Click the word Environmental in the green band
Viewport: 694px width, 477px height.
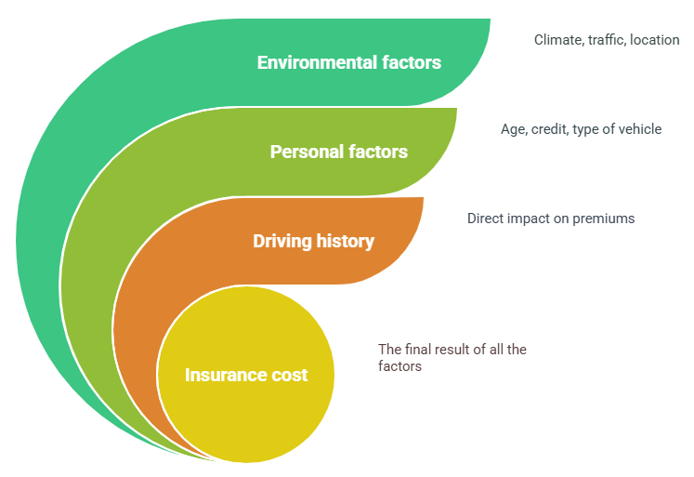click(x=317, y=62)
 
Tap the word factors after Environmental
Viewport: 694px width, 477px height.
click(x=412, y=62)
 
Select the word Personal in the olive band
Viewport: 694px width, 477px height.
click(x=308, y=152)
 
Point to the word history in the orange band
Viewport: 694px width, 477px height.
click(x=346, y=242)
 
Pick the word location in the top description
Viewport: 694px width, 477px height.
click(x=655, y=40)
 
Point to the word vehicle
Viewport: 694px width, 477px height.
click(x=639, y=129)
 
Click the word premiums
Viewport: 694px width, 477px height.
click(x=604, y=219)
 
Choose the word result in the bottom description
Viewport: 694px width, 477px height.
click(x=453, y=350)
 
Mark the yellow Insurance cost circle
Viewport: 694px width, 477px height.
click(x=245, y=375)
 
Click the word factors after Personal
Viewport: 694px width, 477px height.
click(x=378, y=152)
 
